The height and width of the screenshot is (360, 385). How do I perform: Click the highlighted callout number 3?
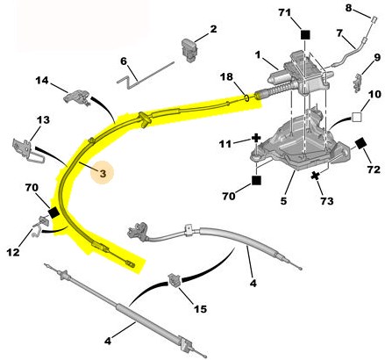(x=103, y=174)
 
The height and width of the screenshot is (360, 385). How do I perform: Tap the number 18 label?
(x=226, y=76)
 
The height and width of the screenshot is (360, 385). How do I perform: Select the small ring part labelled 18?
(x=246, y=97)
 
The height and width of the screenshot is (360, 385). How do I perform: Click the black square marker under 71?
(x=305, y=35)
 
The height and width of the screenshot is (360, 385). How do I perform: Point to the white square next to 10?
(x=357, y=117)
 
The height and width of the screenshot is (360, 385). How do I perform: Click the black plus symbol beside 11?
(x=256, y=138)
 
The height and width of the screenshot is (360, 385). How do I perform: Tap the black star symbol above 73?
(x=315, y=176)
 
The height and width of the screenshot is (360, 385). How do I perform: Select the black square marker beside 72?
(x=361, y=144)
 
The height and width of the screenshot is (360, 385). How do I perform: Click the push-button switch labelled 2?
(x=189, y=50)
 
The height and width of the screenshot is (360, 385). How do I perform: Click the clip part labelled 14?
(x=76, y=97)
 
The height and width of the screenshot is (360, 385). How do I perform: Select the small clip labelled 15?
(x=175, y=280)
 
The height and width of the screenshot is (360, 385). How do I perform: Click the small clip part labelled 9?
(x=358, y=83)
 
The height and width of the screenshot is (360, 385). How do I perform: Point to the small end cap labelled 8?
(x=374, y=19)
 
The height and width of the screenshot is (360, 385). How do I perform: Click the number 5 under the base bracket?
(x=283, y=201)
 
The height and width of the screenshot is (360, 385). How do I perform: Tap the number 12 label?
(x=13, y=252)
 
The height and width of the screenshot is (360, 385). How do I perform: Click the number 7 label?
(x=339, y=33)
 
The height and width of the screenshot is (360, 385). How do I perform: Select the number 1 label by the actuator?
(x=257, y=54)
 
